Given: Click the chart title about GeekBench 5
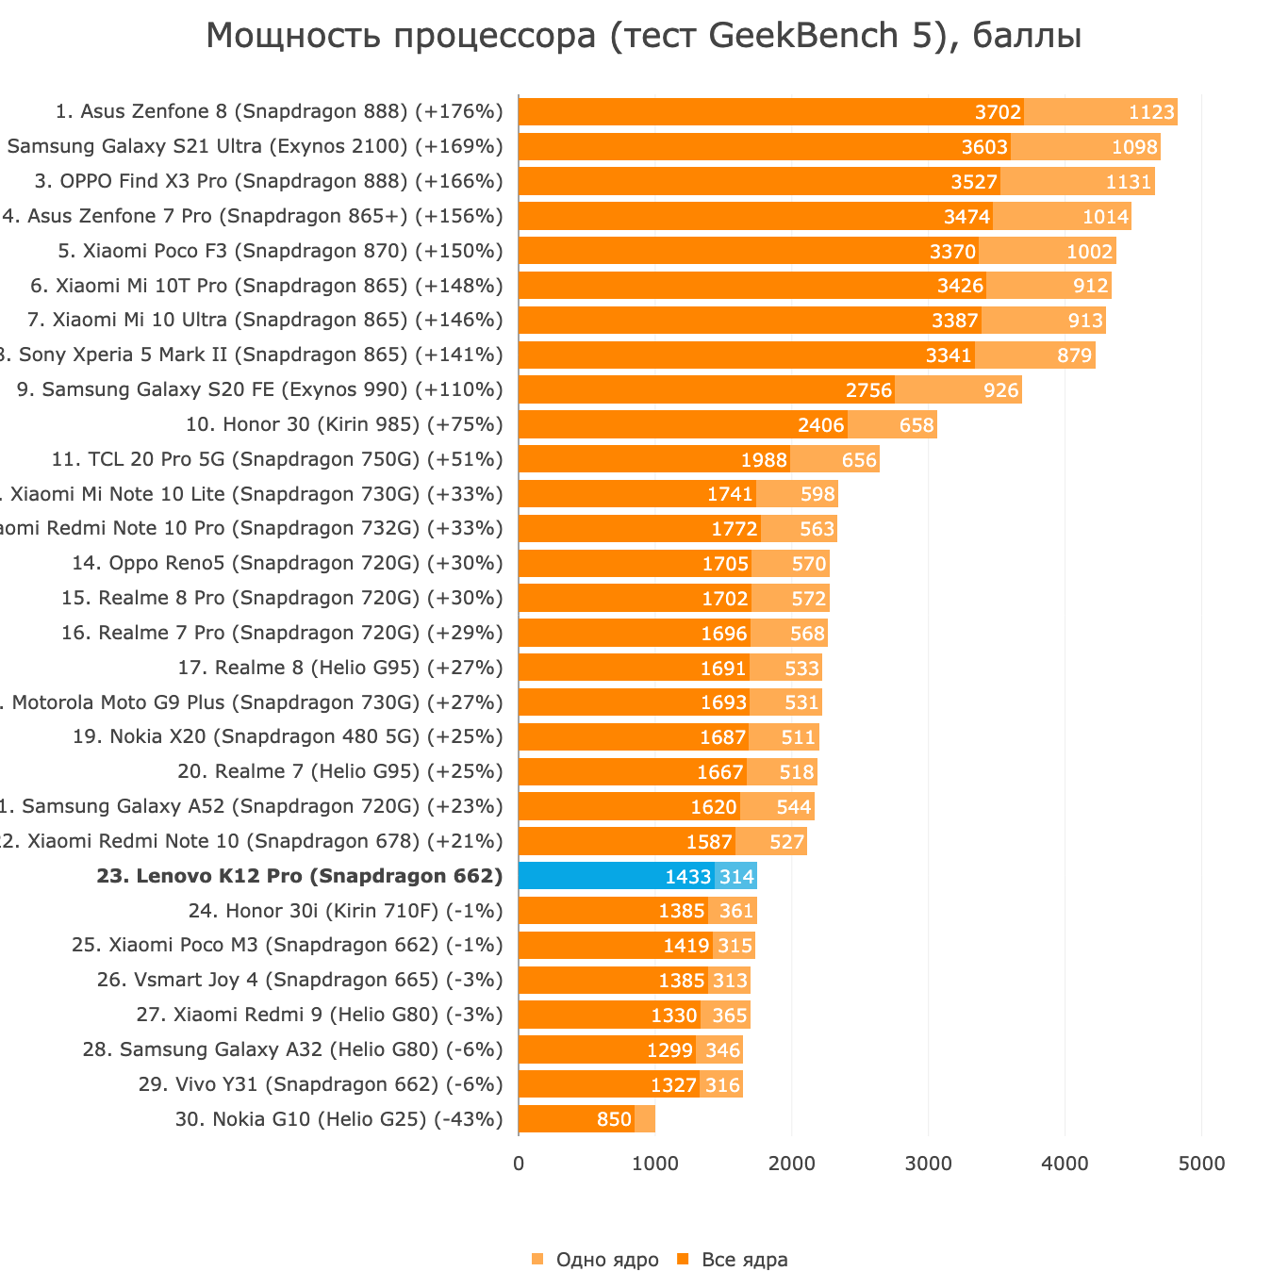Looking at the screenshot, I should click(643, 36).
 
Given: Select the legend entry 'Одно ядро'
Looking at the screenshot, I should click(606, 1260).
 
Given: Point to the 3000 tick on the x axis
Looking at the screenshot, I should click(928, 1164).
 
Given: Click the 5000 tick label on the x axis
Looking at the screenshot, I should click(1201, 1164).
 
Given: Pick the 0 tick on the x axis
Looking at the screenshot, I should click(519, 1164).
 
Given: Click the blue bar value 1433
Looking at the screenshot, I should click(687, 877).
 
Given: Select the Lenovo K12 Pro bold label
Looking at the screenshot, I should click(300, 876).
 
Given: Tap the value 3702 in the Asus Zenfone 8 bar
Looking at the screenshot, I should click(998, 112).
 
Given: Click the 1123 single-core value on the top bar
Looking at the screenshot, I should click(1151, 112).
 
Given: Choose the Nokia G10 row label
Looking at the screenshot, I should click(339, 1119).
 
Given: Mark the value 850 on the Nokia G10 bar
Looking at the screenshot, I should click(614, 1120).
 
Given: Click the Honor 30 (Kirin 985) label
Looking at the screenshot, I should click(345, 424).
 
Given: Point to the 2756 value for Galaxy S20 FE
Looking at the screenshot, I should click(868, 390).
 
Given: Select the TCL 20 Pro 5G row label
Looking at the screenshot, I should click(277, 459).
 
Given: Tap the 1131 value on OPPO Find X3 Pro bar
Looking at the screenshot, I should click(1128, 182).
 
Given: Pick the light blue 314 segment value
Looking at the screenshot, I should click(736, 877).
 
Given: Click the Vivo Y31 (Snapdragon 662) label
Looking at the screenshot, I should click(321, 1084).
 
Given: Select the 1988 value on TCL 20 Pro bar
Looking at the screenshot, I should click(764, 460).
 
